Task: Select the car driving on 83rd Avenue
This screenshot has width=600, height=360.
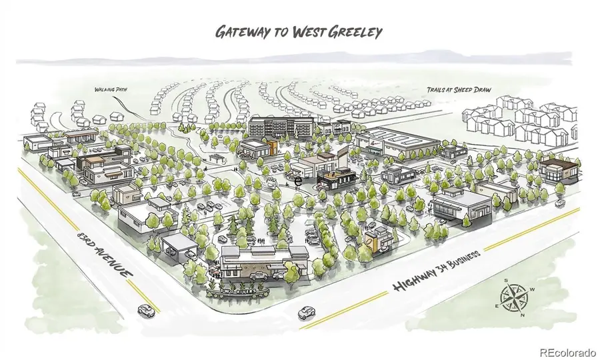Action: [144, 309]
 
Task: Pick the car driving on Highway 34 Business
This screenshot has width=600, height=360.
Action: [305, 311]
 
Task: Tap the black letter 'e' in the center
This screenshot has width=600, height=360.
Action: [299, 180]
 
